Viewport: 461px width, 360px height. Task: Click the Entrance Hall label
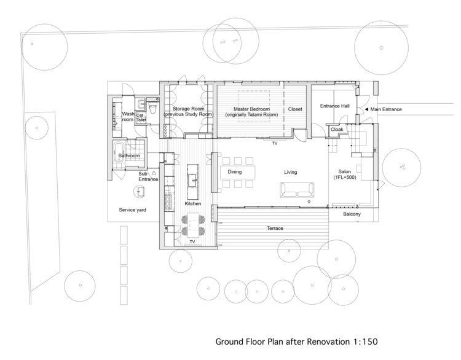334,106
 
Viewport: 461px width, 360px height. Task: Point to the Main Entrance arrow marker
367,109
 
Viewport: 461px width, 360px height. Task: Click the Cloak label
337,130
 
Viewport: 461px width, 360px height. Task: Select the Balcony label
352,214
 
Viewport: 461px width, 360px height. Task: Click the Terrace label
275,228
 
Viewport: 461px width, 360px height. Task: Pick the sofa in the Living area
295,190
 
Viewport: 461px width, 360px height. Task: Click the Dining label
234,172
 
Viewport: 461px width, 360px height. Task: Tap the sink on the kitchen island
192,179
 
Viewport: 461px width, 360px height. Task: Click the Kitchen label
193,203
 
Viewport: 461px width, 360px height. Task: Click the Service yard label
132,209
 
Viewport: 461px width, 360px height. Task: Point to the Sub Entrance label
148,176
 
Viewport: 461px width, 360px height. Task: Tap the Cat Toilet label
141,117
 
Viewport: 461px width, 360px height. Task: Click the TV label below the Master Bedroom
275,143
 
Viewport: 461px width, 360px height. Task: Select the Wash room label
128,117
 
